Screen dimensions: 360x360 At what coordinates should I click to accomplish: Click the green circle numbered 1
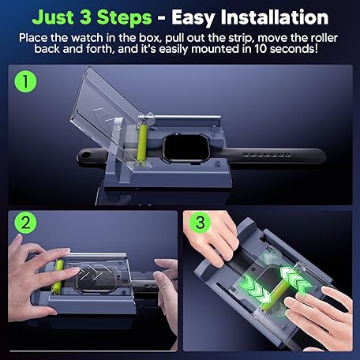25,81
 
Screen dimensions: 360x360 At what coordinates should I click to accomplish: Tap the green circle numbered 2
25,223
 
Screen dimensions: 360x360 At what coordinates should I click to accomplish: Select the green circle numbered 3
201,223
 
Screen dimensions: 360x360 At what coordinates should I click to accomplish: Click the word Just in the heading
51,17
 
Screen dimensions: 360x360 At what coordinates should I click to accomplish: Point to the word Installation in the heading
275,17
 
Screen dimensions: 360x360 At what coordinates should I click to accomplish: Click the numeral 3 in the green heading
84,17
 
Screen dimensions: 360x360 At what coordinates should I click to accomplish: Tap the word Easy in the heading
194,18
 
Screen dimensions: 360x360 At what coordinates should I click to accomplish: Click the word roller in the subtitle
324,38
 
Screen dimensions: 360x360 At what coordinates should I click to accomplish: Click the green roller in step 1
142,145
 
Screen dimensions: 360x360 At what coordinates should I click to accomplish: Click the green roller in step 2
58,276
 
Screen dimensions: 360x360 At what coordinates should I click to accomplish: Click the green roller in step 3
276,294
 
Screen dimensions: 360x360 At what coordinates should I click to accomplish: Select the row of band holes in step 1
266,155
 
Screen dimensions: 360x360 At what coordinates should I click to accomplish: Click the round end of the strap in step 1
85,157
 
